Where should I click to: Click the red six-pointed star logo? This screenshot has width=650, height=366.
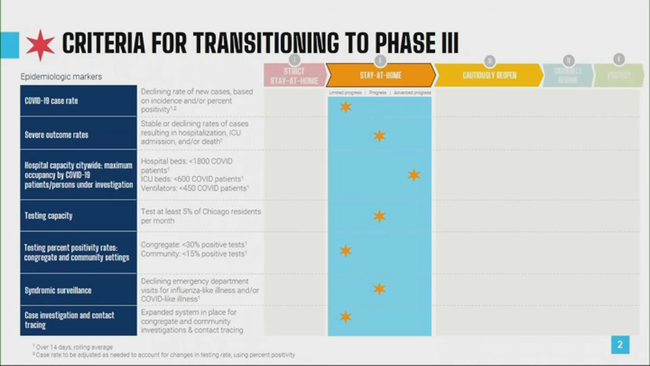(41, 44)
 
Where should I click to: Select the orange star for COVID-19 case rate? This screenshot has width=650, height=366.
(345, 107)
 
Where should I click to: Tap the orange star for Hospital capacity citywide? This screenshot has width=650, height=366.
(414, 175)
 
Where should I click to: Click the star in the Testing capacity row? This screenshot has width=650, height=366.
(379, 216)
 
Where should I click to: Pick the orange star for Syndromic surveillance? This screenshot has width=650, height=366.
(379, 288)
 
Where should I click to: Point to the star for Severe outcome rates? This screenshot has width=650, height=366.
(379, 135)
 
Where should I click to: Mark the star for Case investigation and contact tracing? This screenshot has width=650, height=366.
(345, 316)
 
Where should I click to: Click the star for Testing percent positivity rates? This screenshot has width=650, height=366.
(345, 251)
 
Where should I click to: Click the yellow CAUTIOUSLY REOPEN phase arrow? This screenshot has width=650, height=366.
(489, 75)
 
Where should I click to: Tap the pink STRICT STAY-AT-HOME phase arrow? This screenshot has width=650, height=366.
(294, 75)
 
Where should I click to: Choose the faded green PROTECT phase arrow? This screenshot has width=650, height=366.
(618, 75)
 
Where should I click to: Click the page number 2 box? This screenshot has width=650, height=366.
(620, 345)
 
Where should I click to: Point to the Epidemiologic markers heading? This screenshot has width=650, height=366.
(61, 77)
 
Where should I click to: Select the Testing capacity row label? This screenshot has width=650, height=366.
(48, 216)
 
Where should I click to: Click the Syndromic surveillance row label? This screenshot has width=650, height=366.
(58, 290)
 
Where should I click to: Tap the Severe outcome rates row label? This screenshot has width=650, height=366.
(56, 135)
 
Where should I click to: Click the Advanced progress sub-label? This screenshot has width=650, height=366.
(413, 93)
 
